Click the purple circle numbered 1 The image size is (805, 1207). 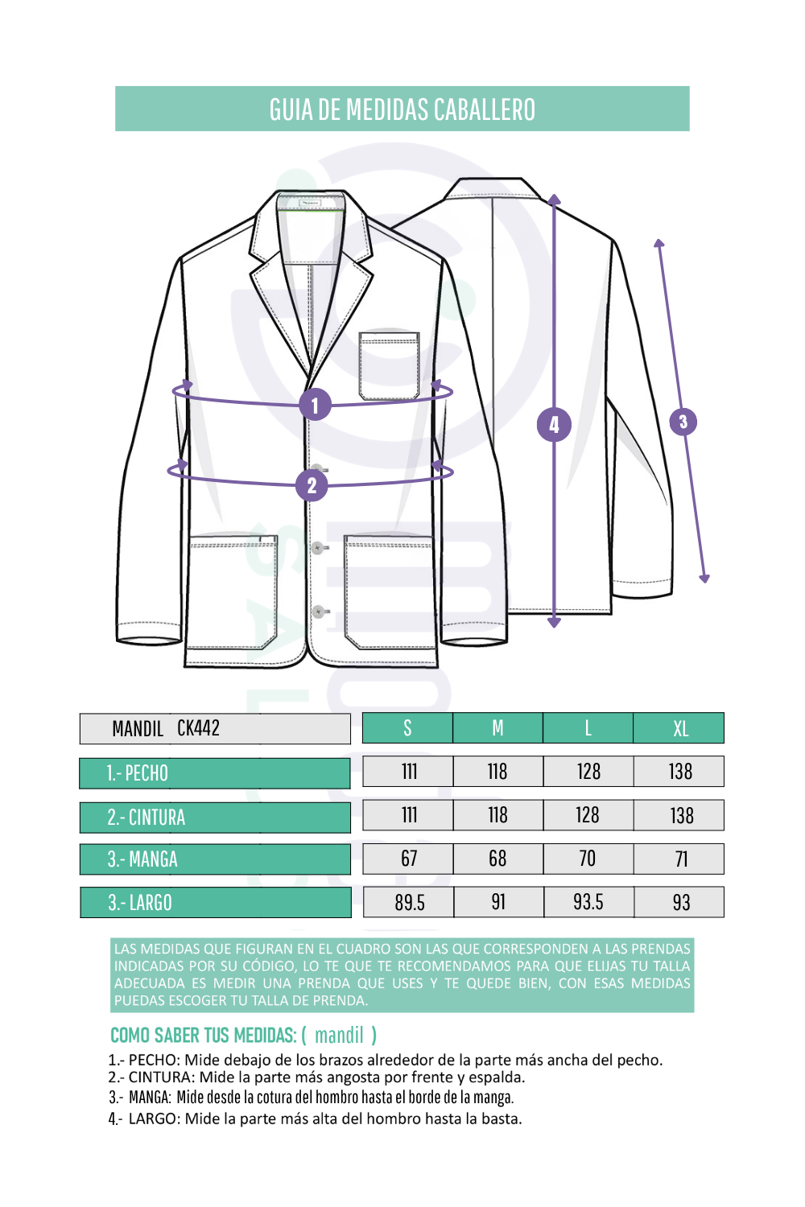point(315,404)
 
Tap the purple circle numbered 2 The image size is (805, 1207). point(312,485)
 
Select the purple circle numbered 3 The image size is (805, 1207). point(683,422)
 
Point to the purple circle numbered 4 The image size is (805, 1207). point(554,425)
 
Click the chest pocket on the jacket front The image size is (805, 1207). point(390,366)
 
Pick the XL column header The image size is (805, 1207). point(679,728)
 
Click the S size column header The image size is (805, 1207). point(407,728)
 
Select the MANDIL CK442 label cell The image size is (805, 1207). point(215,728)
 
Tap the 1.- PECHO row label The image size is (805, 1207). point(215,773)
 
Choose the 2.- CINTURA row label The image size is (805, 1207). point(215,818)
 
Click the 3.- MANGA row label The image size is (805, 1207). point(215,859)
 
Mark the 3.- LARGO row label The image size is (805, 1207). point(216,902)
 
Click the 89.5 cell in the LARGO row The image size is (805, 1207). point(409,902)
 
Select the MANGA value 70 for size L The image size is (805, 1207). point(588,859)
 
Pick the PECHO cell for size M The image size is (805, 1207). point(498,771)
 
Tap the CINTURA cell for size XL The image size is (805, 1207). point(679,815)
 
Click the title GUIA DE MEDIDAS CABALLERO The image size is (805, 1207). point(402,109)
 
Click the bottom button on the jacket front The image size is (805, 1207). point(319,612)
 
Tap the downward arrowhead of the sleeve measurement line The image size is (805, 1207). point(704,579)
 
